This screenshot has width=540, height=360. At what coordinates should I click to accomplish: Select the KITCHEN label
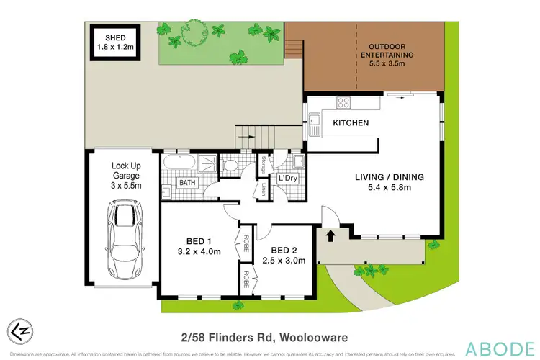[351, 123]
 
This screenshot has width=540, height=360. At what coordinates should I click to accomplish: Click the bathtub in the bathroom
[177, 163]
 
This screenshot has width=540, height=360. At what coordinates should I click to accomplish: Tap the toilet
[230, 166]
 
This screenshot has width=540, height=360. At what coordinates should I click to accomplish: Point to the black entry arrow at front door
[332, 235]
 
